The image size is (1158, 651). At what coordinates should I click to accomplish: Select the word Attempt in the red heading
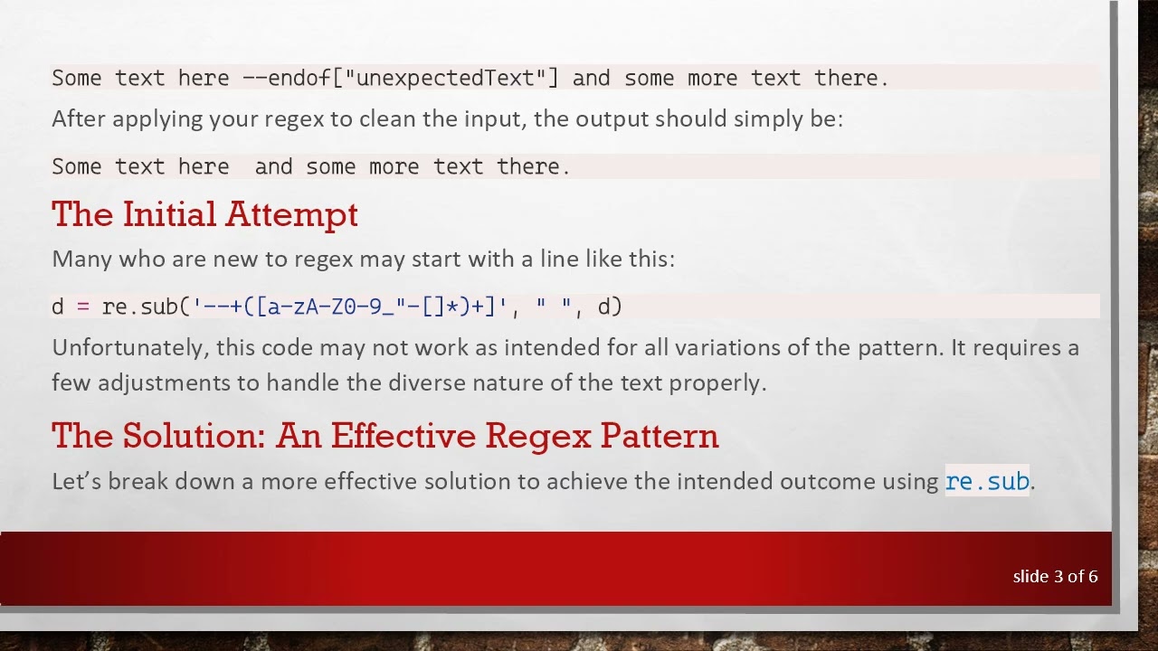(x=291, y=214)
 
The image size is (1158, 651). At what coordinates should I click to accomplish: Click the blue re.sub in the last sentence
(x=987, y=481)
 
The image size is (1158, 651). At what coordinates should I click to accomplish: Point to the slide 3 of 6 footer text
(x=1055, y=576)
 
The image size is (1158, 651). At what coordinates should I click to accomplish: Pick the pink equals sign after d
(x=83, y=307)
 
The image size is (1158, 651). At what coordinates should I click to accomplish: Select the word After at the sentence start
(x=79, y=119)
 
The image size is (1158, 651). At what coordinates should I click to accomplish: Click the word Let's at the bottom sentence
(x=77, y=481)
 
